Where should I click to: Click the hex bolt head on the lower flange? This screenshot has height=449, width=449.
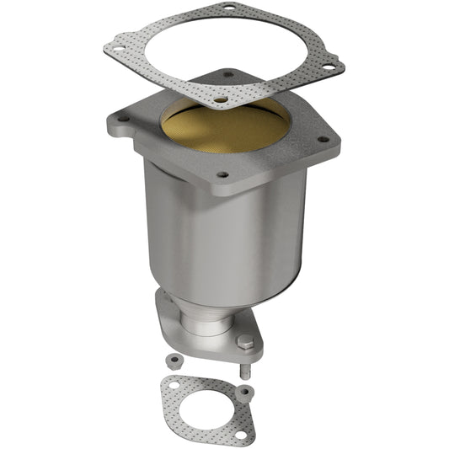tap(245, 342)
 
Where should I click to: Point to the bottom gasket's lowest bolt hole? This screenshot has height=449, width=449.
tap(239, 433)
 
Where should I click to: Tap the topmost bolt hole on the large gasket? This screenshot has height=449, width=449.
tap(226, 10)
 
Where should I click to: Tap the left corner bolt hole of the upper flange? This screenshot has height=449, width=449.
tap(123, 119)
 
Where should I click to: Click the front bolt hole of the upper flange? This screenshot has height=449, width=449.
tap(222, 175)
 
